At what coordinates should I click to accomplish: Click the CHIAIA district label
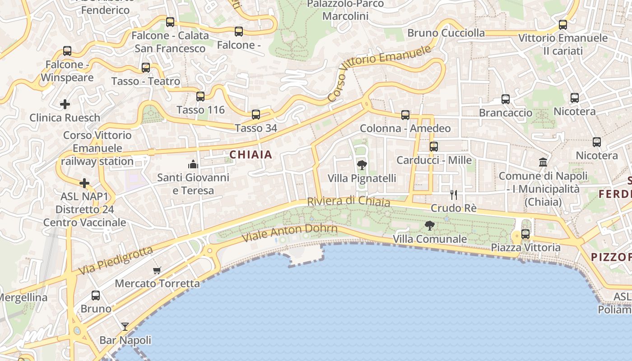click(x=251, y=155)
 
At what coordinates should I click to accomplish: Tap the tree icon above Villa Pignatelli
click(x=362, y=165)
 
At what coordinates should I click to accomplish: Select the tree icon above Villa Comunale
click(x=430, y=225)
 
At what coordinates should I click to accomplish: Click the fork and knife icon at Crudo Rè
click(x=454, y=194)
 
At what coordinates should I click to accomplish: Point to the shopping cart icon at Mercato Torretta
click(x=157, y=270)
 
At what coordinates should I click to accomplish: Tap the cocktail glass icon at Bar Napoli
click(x=125, y=326)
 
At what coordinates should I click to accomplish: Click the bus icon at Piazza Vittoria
click(x=525, y=234)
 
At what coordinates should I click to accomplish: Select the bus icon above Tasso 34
click(x=256, y=115)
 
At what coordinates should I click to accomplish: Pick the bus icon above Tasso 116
click(x=200, y=96)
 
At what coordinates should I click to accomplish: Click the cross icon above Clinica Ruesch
click(x=65, y=105)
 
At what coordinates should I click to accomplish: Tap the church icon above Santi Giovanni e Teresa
click(x=193, y=164)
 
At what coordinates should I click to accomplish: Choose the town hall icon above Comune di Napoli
click(x=543, y=162)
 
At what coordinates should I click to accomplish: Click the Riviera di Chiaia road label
click(x=349, y=201)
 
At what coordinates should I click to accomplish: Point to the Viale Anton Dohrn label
click(x=289, y=232)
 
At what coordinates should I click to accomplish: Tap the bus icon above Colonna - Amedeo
click(x=405, y=115)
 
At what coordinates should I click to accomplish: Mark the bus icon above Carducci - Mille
click(x=434, y=147)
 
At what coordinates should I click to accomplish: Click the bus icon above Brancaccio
click(x=506, y=99)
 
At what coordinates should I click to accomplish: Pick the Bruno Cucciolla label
click(x=446, y=33)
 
